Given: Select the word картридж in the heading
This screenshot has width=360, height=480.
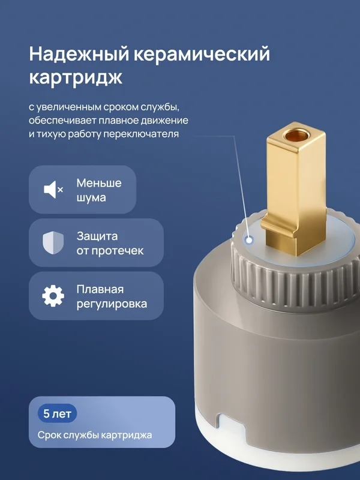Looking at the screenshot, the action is tap(76, 78).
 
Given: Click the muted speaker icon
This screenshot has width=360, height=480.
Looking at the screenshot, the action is tap(53, 190).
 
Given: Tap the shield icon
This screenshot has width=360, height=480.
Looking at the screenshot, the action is tap(53, 243).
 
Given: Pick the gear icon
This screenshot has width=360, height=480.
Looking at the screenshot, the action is tap(53, 296).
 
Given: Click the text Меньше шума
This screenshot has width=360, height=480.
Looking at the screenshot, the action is tap(99, 190).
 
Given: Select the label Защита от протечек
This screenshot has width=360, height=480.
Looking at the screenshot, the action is tap(110, 244).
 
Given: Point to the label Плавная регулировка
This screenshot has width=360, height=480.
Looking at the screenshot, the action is tap(112, 296).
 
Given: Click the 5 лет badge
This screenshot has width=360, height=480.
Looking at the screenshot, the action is tap(57, 414).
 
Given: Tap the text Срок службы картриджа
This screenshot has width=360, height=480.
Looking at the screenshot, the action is tap(95, 435).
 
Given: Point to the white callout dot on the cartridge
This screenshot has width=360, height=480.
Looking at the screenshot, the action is tap(250, 241).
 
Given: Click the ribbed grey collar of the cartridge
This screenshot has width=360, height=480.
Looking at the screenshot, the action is tap(294, 284).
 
